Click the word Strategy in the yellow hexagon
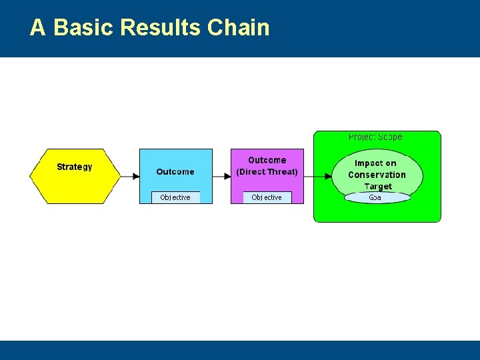click(74, 167)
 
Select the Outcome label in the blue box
click(175, 172)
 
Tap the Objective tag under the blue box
click(175, 197)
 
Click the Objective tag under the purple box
click(267, 197)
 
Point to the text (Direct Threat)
click(267, 172)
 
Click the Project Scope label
click(375, 137)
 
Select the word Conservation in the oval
click(377, 175)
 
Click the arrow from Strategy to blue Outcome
click(130, 176)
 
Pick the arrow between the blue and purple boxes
click(221, 176)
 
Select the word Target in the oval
click(378, 187)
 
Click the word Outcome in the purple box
click(267, 160)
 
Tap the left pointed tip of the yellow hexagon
click(31, 176)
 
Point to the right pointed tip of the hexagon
click(119, 176)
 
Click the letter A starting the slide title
click(38, 27)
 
